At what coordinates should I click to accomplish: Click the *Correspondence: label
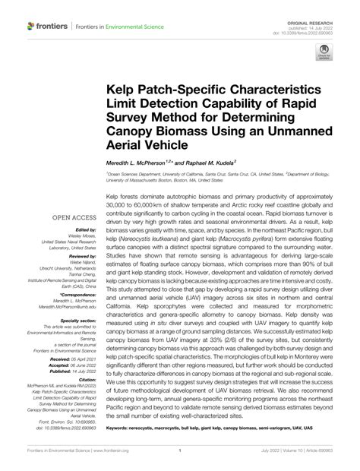[x=76, y=292]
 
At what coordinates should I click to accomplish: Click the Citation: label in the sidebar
[x=84, y=376]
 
